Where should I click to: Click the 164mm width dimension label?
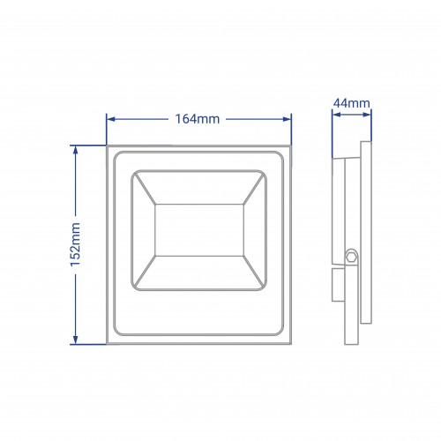[198, 119]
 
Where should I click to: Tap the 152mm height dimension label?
[75, 244]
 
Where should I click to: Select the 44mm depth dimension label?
[352, 103]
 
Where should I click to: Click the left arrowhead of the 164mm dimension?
[110, 119]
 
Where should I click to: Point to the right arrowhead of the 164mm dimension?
[287, 119]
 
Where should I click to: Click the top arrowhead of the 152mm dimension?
[76, 150]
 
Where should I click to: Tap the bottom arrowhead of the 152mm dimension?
[76, 340]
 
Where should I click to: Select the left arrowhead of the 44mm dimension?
[336, 115]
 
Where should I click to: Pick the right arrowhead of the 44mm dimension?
[367, 115]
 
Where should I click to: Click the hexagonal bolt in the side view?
[351, 257]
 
